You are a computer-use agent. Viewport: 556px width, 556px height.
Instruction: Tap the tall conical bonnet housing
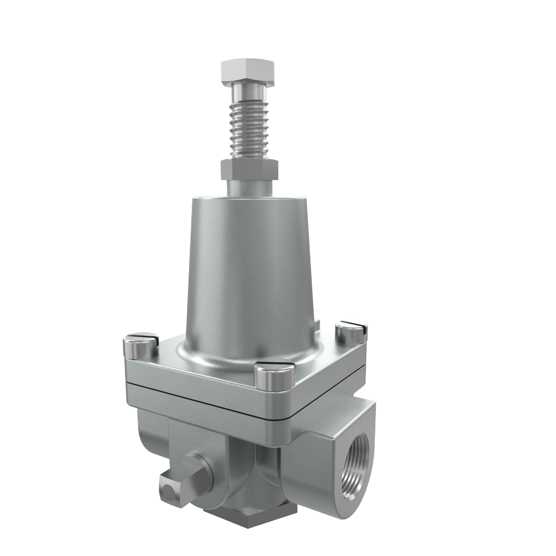coord(250,269)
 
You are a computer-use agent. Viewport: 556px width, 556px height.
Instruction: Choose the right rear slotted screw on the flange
coord(351,332)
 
